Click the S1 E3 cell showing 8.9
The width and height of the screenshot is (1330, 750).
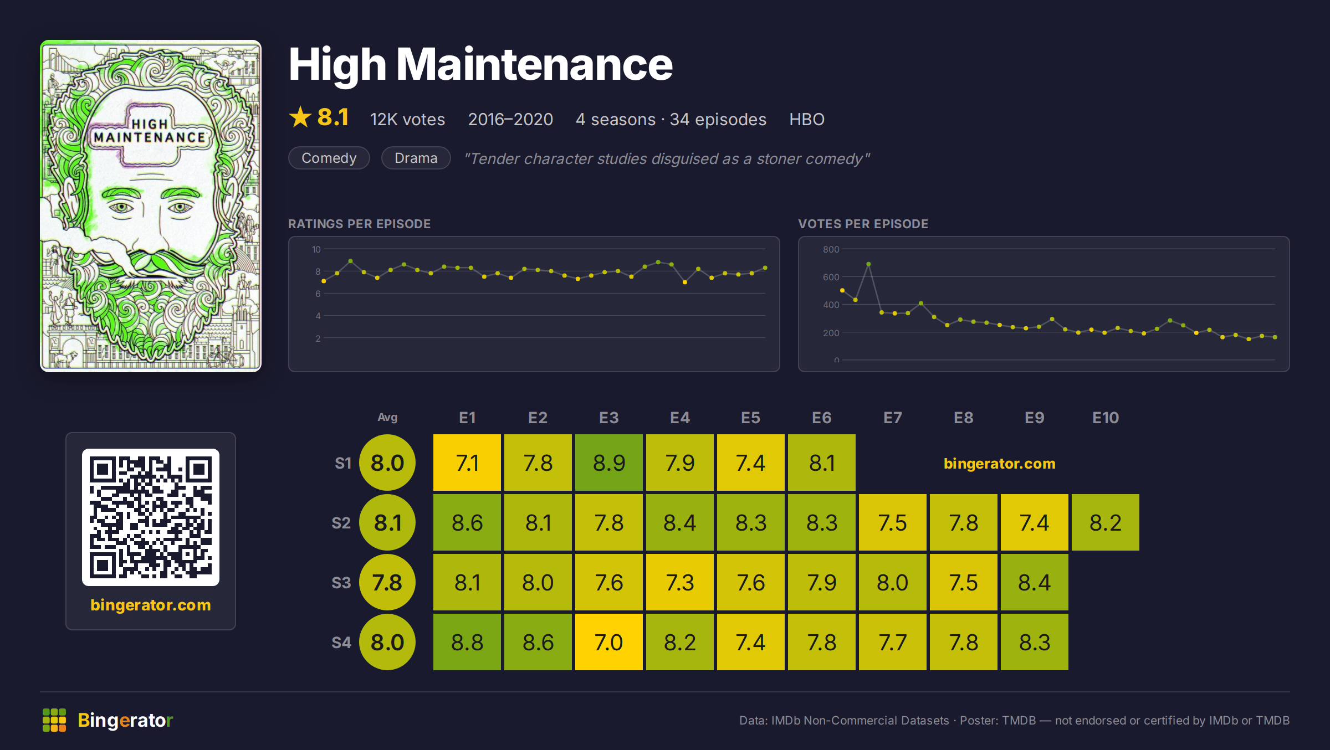pyautogui.click(x=609, y=463)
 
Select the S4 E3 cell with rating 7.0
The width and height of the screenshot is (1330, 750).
pyautogui.click(x=609, y=642)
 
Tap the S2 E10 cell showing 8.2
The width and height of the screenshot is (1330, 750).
pyautogui.click(x=1106, y=522)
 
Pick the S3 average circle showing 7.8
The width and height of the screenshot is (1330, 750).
pyautogui.click(x=387, y=582)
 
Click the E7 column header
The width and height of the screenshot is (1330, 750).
pyautogui.click(x=893, y=418)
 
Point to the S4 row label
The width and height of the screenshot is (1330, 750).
pyautogui.click(x=341, y=643)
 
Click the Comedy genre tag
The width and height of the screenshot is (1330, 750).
pyautogui.click(x=329, y=158)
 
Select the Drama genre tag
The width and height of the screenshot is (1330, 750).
pyautogui.click(x=416, y=158)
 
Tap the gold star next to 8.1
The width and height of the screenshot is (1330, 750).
pyautogui.click(x=300, y=117)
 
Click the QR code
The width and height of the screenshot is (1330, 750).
pyautogui.click(x=151, y=517)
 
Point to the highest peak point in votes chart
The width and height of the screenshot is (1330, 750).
pyautogui.click(x=868, y=264)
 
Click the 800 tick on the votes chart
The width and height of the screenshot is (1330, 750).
pyautogui.click(x=831, y=249)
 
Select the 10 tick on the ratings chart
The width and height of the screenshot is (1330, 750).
pyautogui.click(x=316, y=249)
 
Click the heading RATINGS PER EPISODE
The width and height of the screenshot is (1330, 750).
pyautogui.click(x=360, y=224)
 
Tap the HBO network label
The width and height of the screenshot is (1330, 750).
pyautogui.click(x=807, y=119)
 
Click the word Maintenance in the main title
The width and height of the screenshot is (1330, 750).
pyautogui.click(x=534, y=64)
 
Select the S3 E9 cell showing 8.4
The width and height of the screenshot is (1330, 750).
pyautogui.click(x=1035, y=582)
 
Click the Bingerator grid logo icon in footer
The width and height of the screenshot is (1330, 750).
pyautogui.click(x=54, y=720)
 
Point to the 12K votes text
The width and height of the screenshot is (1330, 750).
pyautogui.click(x=408, y=119)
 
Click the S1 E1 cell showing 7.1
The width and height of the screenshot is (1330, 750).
pyautogui.click(x=467, y=463)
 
